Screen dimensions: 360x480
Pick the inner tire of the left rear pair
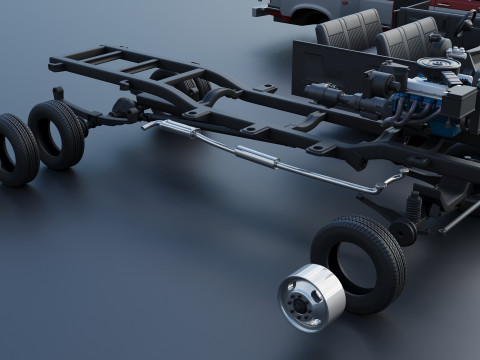click(x=58, y=133)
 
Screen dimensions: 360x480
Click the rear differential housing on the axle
click(x=126, y=108)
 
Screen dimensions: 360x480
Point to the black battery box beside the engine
click(x=461, y=100)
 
